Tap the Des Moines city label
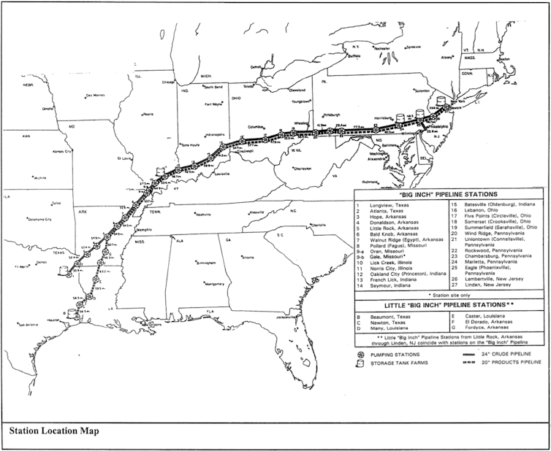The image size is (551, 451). pos(96,95)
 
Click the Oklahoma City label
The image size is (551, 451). pos(39,219)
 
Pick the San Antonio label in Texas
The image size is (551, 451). pos(30,325)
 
